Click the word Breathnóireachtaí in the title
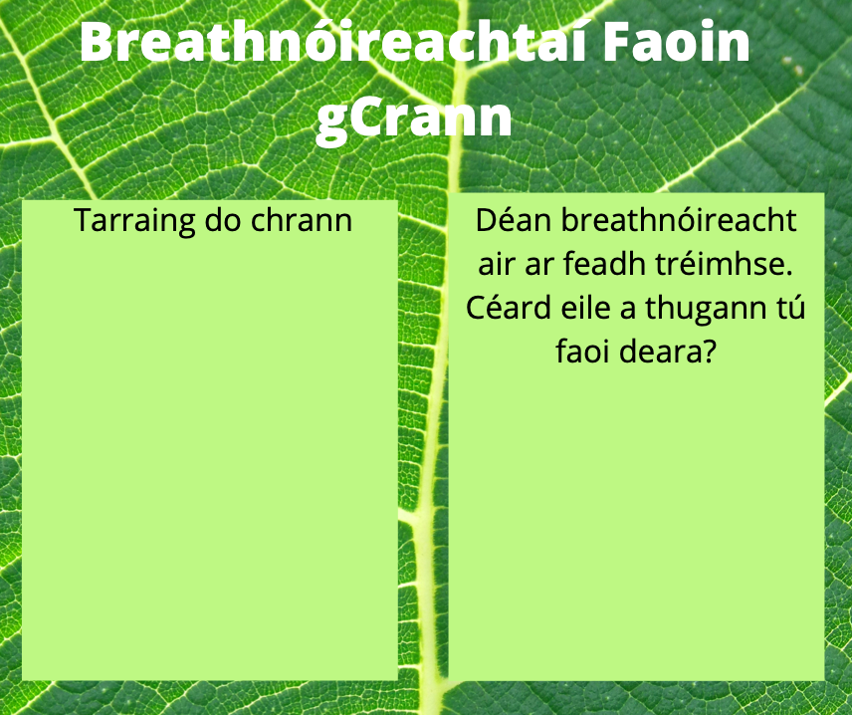coord(333,41)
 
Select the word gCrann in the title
coord(413,118)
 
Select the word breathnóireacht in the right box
coord(679,220)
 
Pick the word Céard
coord(508,308)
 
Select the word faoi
coord(582,352)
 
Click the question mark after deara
coord(707,352)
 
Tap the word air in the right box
coord(496,265)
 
